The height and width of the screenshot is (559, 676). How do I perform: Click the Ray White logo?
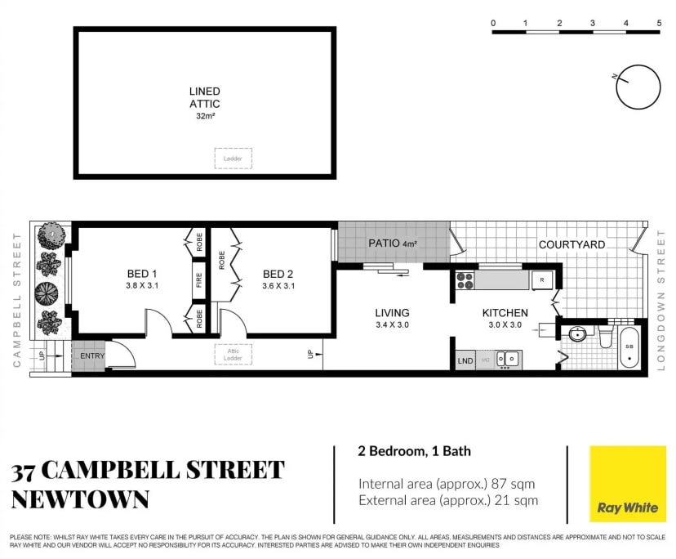pyautogui.click(x=628, y=484)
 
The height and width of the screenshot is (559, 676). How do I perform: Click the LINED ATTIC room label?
pyautogui.click(x=204, y=98)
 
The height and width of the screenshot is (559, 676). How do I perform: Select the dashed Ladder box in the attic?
pyautogui.click(x=233, y=158)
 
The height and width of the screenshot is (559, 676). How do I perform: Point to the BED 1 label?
pyautogui.click(x=142, y=274)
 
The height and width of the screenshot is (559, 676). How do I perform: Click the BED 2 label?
pyautogui.click(x=278, y=274)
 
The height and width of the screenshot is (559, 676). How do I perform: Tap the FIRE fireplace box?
pyautogui.click(x=198, y=279)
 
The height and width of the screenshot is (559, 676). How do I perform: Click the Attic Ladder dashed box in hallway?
pyautogui.click(x=233, y=354)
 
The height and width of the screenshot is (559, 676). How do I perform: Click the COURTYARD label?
pyautogui.click(x=571, y=244)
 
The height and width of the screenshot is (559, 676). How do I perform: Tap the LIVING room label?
pyautogui.click(x=392, y=312)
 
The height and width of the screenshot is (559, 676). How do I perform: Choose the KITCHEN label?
pyautogui.click(x=505, y=312)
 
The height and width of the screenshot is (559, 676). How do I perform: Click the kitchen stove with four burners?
pyautogui.click(x=465, y=280)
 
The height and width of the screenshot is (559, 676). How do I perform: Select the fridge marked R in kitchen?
pyautogui.click(x=541, y=280)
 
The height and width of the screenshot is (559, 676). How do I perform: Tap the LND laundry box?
pyautogui.click(x=465, y=360)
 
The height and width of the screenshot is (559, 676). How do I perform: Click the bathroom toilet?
pyautogui.click(x=606, y=336)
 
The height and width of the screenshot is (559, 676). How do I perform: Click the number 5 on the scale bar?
pyautogui.click(x=658, y=23)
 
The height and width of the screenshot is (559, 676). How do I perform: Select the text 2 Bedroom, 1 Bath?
pyautogui.click(x=414, y=450)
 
